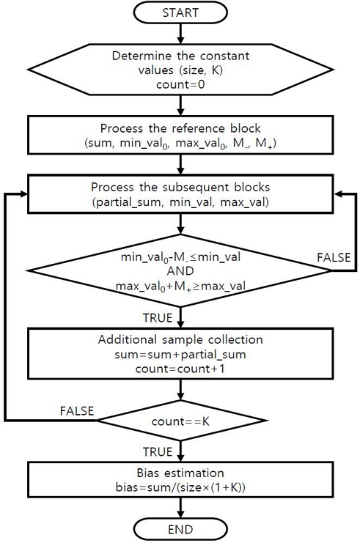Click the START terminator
pyautogui.click(x=180, y=14)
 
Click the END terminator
pyautogui.click(x=180, y=528)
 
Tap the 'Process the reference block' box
pyautogui.click(x=180, y=134)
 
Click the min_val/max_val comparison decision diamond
pyautogui.click(x=180, y=270)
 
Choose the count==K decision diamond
pyautogui.click(x=180, y=422)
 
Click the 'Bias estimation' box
pyautogui.click(x=180, y=481)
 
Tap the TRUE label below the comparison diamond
pyautogui.click(x=155, y=318)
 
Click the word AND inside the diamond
pyautogui.click(x=180, y=270)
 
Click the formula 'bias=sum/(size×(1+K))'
pyautogui.click(x=180, y=489)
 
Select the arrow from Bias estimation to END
pyautogui.click(x=180, y=509)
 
